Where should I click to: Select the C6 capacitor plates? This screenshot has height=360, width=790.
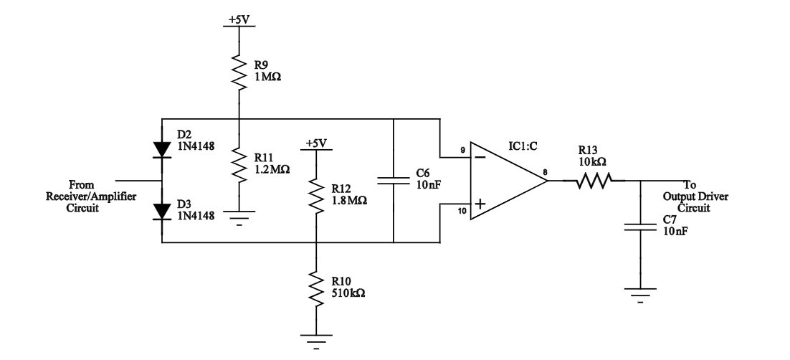click(394, 181)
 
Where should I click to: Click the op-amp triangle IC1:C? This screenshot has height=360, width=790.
click(505, 181)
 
